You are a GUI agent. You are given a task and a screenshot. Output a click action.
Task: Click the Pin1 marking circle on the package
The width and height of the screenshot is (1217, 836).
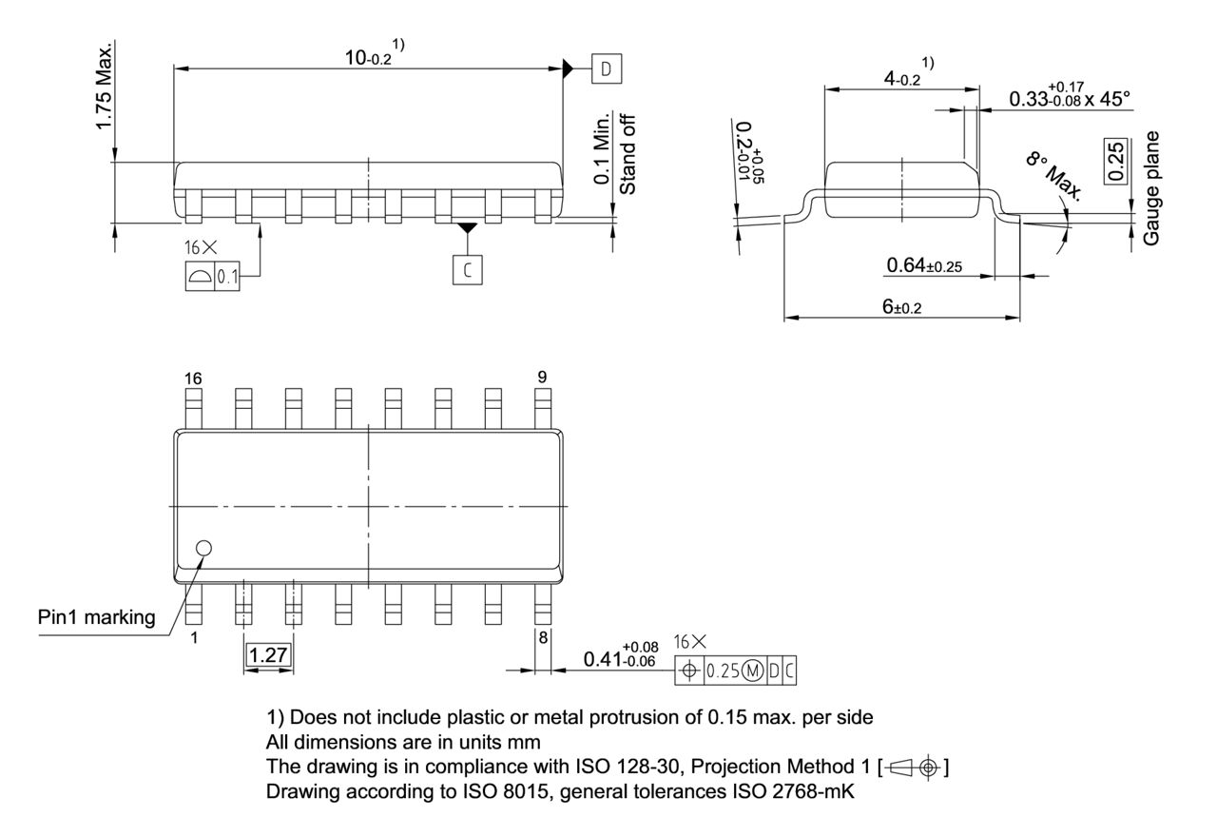pyautogui.click(x=203, y=548)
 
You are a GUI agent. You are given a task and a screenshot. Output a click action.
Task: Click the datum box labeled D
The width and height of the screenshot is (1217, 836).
pyautogui.click(x=605, y=68)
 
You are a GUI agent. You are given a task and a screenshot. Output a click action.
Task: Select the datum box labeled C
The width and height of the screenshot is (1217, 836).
pyautogui.click(x=466, y=270)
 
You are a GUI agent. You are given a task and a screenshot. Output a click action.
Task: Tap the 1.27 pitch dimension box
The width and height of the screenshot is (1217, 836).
pyautogui.click(x=268, y=654)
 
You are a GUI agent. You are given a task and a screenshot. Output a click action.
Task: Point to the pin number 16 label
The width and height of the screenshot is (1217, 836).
pyautogui.click(x=193, y=379)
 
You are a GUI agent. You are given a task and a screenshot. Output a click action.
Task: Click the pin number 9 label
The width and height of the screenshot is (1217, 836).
pyautogui.click(x=542, y=378)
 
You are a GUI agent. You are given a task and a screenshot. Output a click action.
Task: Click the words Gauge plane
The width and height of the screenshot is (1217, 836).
pyautogui.click(x=1152, y=188)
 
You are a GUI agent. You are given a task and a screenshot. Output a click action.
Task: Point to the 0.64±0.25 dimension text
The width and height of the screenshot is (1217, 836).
pyautogui.click(x=923, y=265)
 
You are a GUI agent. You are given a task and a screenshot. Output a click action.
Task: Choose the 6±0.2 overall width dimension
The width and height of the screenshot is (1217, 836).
pyautogui.click(x=902, y=307)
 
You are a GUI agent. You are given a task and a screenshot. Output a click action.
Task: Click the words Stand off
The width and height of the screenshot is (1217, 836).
pyautogui.click(x=628, y=153)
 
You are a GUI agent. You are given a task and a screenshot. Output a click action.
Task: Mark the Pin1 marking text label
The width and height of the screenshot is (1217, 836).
pyautogui.click(x=96, y=617)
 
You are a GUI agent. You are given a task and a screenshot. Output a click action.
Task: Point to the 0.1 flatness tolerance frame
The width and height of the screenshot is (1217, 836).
pyautogui.click(x=213, y=277)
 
